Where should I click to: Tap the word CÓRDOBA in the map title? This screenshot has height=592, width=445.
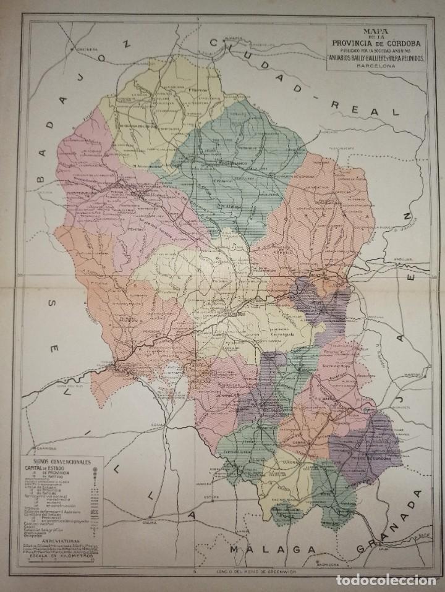click(x=402, y=42)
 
